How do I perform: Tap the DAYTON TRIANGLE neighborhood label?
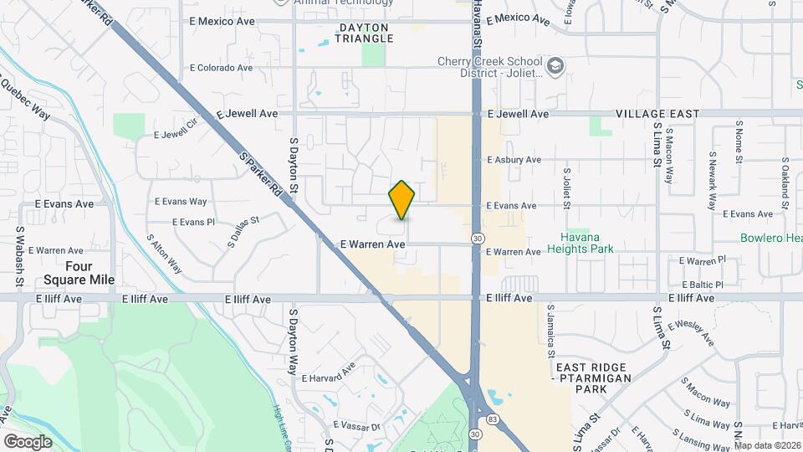point(365,33)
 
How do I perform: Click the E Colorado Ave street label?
point(221,68)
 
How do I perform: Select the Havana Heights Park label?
point(581,242)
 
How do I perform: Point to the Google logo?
point(28,441)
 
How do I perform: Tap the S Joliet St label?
point(566,188)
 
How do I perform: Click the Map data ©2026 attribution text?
point(767,445)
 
